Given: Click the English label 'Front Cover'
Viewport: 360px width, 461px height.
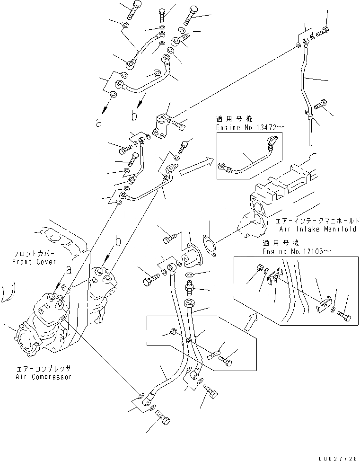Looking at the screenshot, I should pyautogui.click(x=35, y=262).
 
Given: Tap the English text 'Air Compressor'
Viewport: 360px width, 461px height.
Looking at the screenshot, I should pyautogui.click(x=43, y=377).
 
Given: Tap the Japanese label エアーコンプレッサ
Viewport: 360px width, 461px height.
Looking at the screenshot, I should pyautogui.click(x=42, y=368).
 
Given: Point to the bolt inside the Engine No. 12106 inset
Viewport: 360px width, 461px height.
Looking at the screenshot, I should pyautogui.click(x=344, y=316).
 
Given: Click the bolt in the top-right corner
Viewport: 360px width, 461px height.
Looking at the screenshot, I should pyautogui.click(x=323, y=33).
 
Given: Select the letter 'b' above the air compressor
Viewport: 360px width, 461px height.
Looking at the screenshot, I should pyautogui.click(x=118, y=242).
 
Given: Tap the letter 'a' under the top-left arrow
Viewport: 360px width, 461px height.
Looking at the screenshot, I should pyautogui.click(x=99, y=124).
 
